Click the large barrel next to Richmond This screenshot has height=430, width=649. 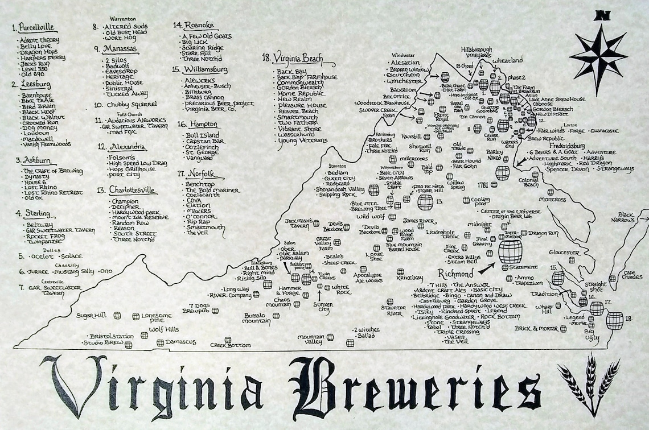pos(510,251)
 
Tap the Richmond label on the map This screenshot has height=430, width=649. pos(456,273)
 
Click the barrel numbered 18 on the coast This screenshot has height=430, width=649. pos(614,320)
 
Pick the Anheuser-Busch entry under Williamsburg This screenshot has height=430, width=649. pos(207,86)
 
